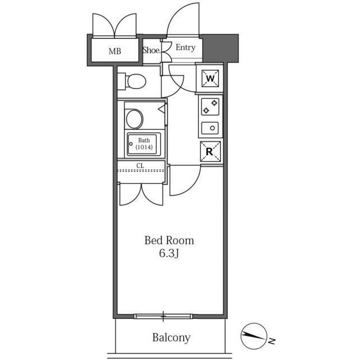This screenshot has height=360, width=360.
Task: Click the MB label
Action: coord(115,51)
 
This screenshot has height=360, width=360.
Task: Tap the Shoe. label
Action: coord(151,50)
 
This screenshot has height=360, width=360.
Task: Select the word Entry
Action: coord(186,47)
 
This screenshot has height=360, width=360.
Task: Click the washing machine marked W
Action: coord(210,79)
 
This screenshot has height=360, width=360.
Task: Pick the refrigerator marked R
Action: coord(210,151)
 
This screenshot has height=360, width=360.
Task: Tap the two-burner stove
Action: coord(210,107)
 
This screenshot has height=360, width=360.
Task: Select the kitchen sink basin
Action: coord(210,128)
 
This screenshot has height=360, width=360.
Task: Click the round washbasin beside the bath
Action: coord(134,119)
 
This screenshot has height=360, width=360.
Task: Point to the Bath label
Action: coord(144,140)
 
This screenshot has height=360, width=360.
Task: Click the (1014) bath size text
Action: coord(144,147)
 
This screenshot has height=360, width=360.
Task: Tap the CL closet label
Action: coord(140,165)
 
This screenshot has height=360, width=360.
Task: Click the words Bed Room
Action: coord(169,240)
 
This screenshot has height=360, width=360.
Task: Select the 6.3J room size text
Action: coord(169,254)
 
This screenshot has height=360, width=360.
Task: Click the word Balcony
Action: coord(172,337)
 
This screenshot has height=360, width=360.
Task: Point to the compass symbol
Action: coord(254,336)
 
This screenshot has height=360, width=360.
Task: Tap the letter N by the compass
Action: coord(272,341)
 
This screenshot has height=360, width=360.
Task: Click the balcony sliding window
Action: coord(163,316)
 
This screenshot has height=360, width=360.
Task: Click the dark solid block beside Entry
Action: coord(220,48)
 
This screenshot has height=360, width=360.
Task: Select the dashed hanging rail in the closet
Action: coord(141,170)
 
